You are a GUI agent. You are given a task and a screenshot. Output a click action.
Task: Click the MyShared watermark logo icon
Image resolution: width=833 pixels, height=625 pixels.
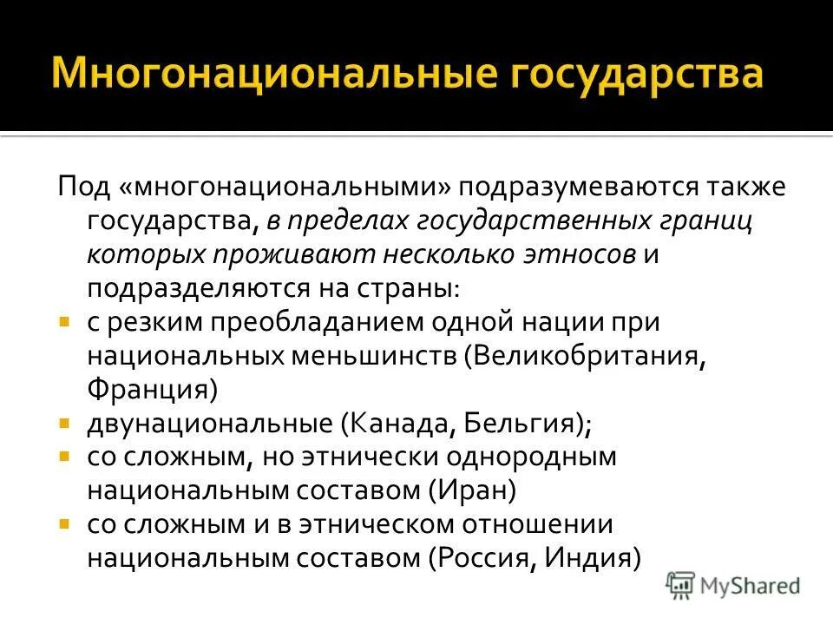680,583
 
